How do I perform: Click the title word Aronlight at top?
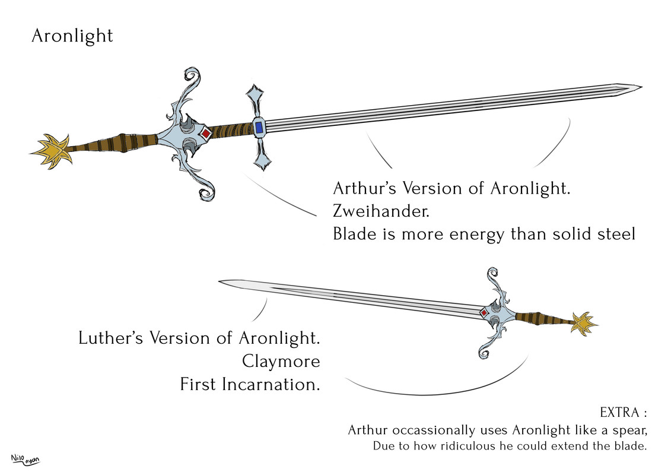click(x=72, y=36)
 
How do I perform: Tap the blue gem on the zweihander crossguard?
click(x=259, y=127)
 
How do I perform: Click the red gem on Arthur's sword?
click(x=205, y=134)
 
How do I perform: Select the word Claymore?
click(x=281, y=362)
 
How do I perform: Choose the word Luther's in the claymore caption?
click(x=112, y=339)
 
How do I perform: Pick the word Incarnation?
click(x=271, y=384)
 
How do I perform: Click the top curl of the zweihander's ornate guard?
click(x=191, y=75)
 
